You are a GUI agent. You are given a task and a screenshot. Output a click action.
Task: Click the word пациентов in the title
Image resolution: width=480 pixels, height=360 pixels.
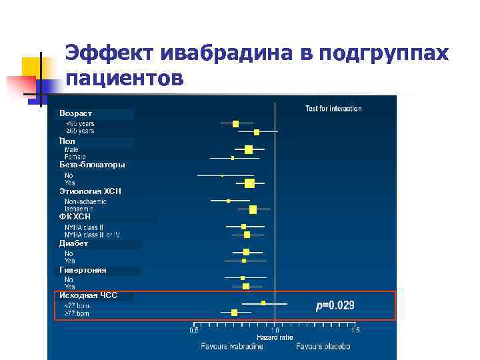tap(124, 78)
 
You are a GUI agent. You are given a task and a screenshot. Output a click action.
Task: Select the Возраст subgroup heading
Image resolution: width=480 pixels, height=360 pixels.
tap(75, 114)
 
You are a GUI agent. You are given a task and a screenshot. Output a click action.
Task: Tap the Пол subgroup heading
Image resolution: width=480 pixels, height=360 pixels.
tap(67, 141)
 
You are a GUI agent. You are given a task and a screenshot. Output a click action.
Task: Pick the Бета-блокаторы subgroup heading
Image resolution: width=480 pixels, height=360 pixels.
tap(92, 165)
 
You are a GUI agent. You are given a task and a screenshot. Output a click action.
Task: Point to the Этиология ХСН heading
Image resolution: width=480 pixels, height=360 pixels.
tap(90, 191)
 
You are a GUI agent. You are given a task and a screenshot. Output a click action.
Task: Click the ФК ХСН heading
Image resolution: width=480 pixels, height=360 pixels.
tap(75, 217)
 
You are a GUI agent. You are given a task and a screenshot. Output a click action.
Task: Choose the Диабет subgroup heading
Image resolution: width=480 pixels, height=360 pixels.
tap(73, 243)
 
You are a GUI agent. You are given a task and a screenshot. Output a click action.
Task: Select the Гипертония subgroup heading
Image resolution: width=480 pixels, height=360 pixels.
tap(83, 270)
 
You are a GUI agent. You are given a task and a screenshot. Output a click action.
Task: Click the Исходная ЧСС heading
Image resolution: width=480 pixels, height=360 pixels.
tap(88, 295)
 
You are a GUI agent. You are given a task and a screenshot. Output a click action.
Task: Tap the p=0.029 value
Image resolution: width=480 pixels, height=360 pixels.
tap(335, 306)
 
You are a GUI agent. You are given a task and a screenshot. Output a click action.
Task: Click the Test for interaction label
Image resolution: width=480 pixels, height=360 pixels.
tap(333, 109)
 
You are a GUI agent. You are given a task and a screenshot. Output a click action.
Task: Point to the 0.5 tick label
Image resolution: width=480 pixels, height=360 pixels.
tap(194, 330)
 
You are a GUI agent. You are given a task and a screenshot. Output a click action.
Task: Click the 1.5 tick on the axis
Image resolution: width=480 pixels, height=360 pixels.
tap(355, 330)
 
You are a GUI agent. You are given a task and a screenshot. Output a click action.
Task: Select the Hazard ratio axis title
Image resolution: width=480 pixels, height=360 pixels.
tap(275, 338)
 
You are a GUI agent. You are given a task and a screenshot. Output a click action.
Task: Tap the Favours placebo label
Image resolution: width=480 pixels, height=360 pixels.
tap(323, 347)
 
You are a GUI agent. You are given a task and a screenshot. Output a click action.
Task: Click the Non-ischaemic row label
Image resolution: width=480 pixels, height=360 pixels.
tap(85, 201)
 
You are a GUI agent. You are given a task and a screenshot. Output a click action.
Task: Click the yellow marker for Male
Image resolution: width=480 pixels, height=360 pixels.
tap(249, 149)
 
